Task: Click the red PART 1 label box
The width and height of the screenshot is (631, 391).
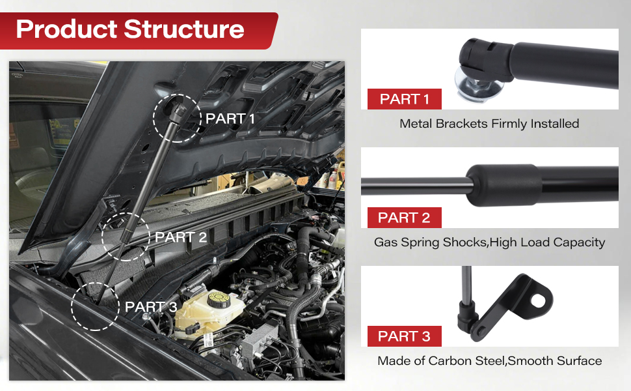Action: tap(404, 99)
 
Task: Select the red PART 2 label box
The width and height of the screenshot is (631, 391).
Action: tap(404, 218)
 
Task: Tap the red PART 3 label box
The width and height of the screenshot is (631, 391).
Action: tap(404, 336)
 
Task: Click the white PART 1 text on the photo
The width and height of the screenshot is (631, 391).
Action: tap(230, 119)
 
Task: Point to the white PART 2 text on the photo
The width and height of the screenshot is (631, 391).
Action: tap(181, 237)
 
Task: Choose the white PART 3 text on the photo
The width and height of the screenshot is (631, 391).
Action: tap(151, 306)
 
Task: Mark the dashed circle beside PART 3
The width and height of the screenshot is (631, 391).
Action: tap(96, 306)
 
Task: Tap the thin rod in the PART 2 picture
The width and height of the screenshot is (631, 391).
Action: tap(416, 185)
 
